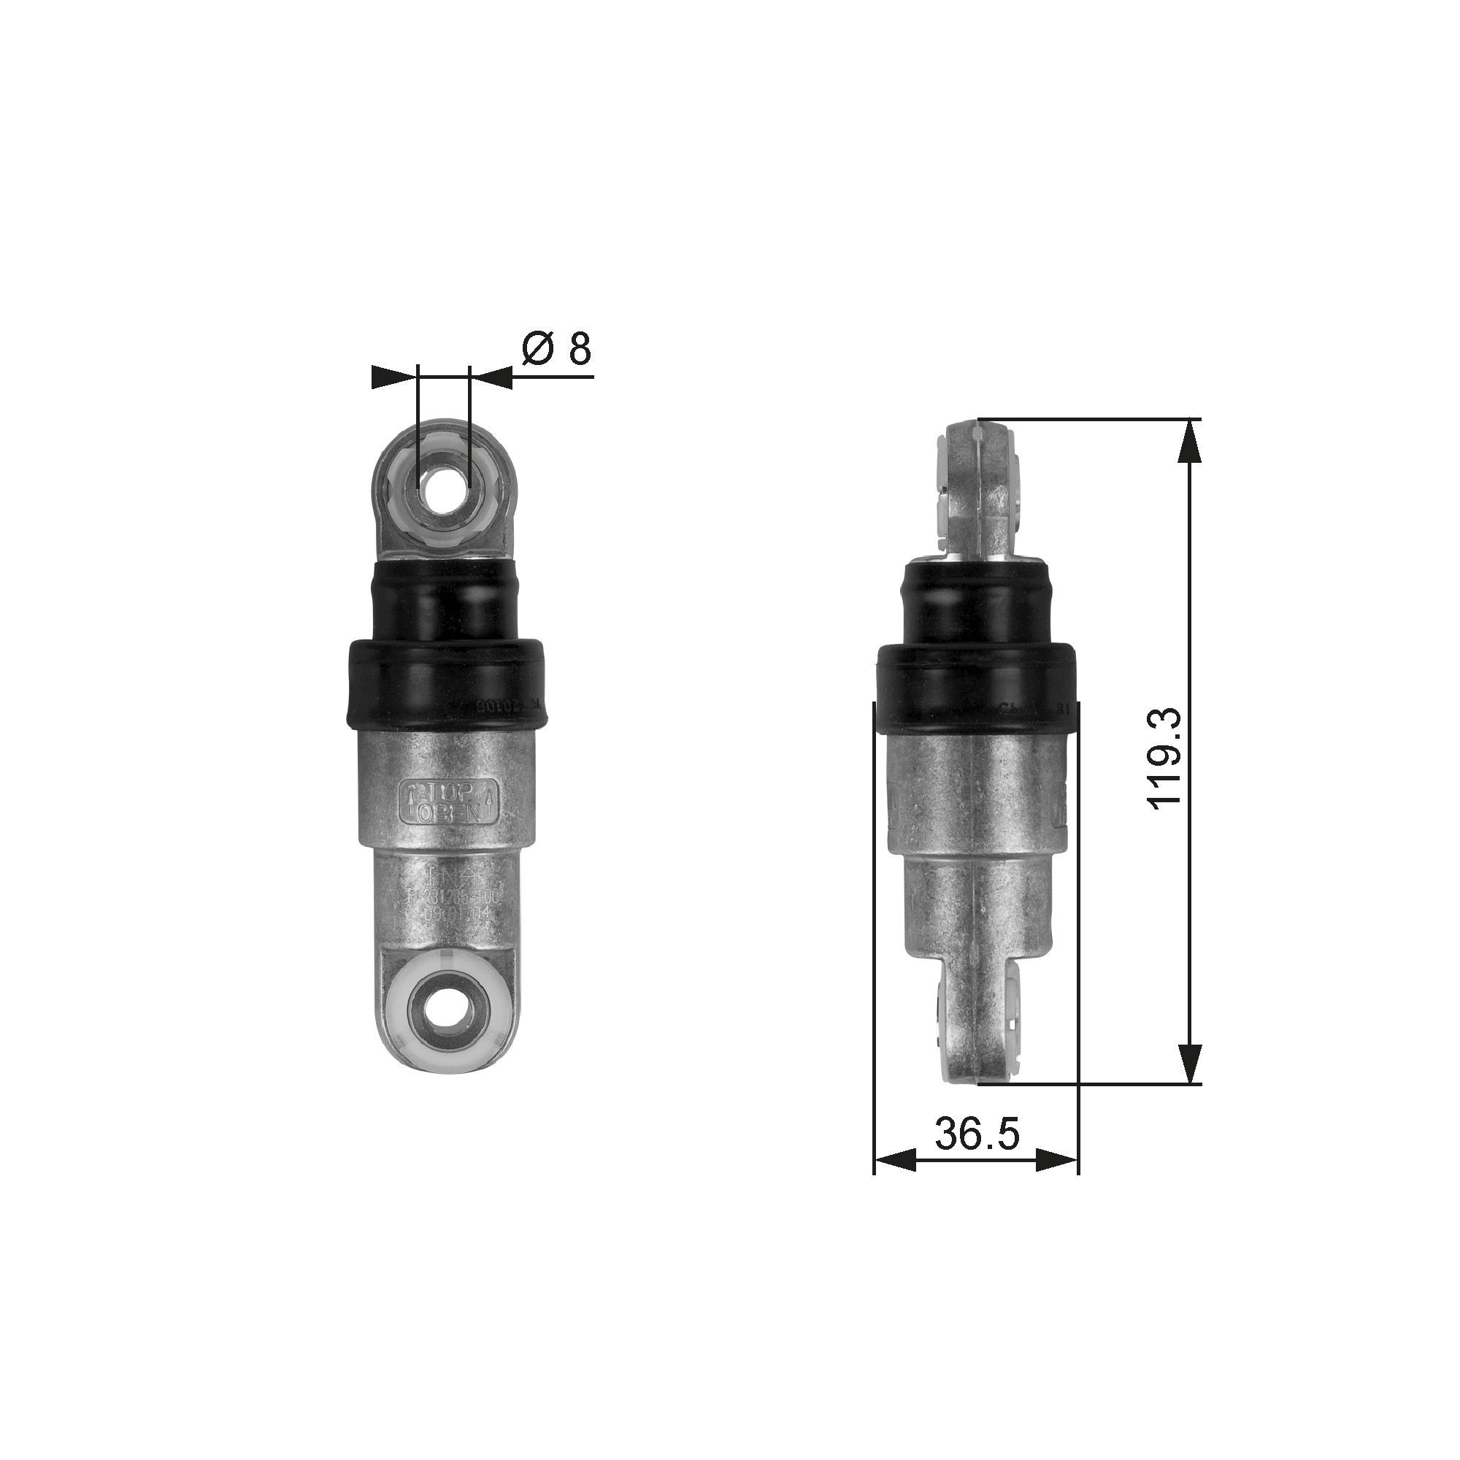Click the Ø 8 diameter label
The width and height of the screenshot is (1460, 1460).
click(557, 348)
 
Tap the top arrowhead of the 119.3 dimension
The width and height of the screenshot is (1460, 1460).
click(1189, 442)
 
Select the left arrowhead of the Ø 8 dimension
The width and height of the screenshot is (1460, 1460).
click(394, 377)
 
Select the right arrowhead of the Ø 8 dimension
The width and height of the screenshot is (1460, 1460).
click(492, 377)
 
